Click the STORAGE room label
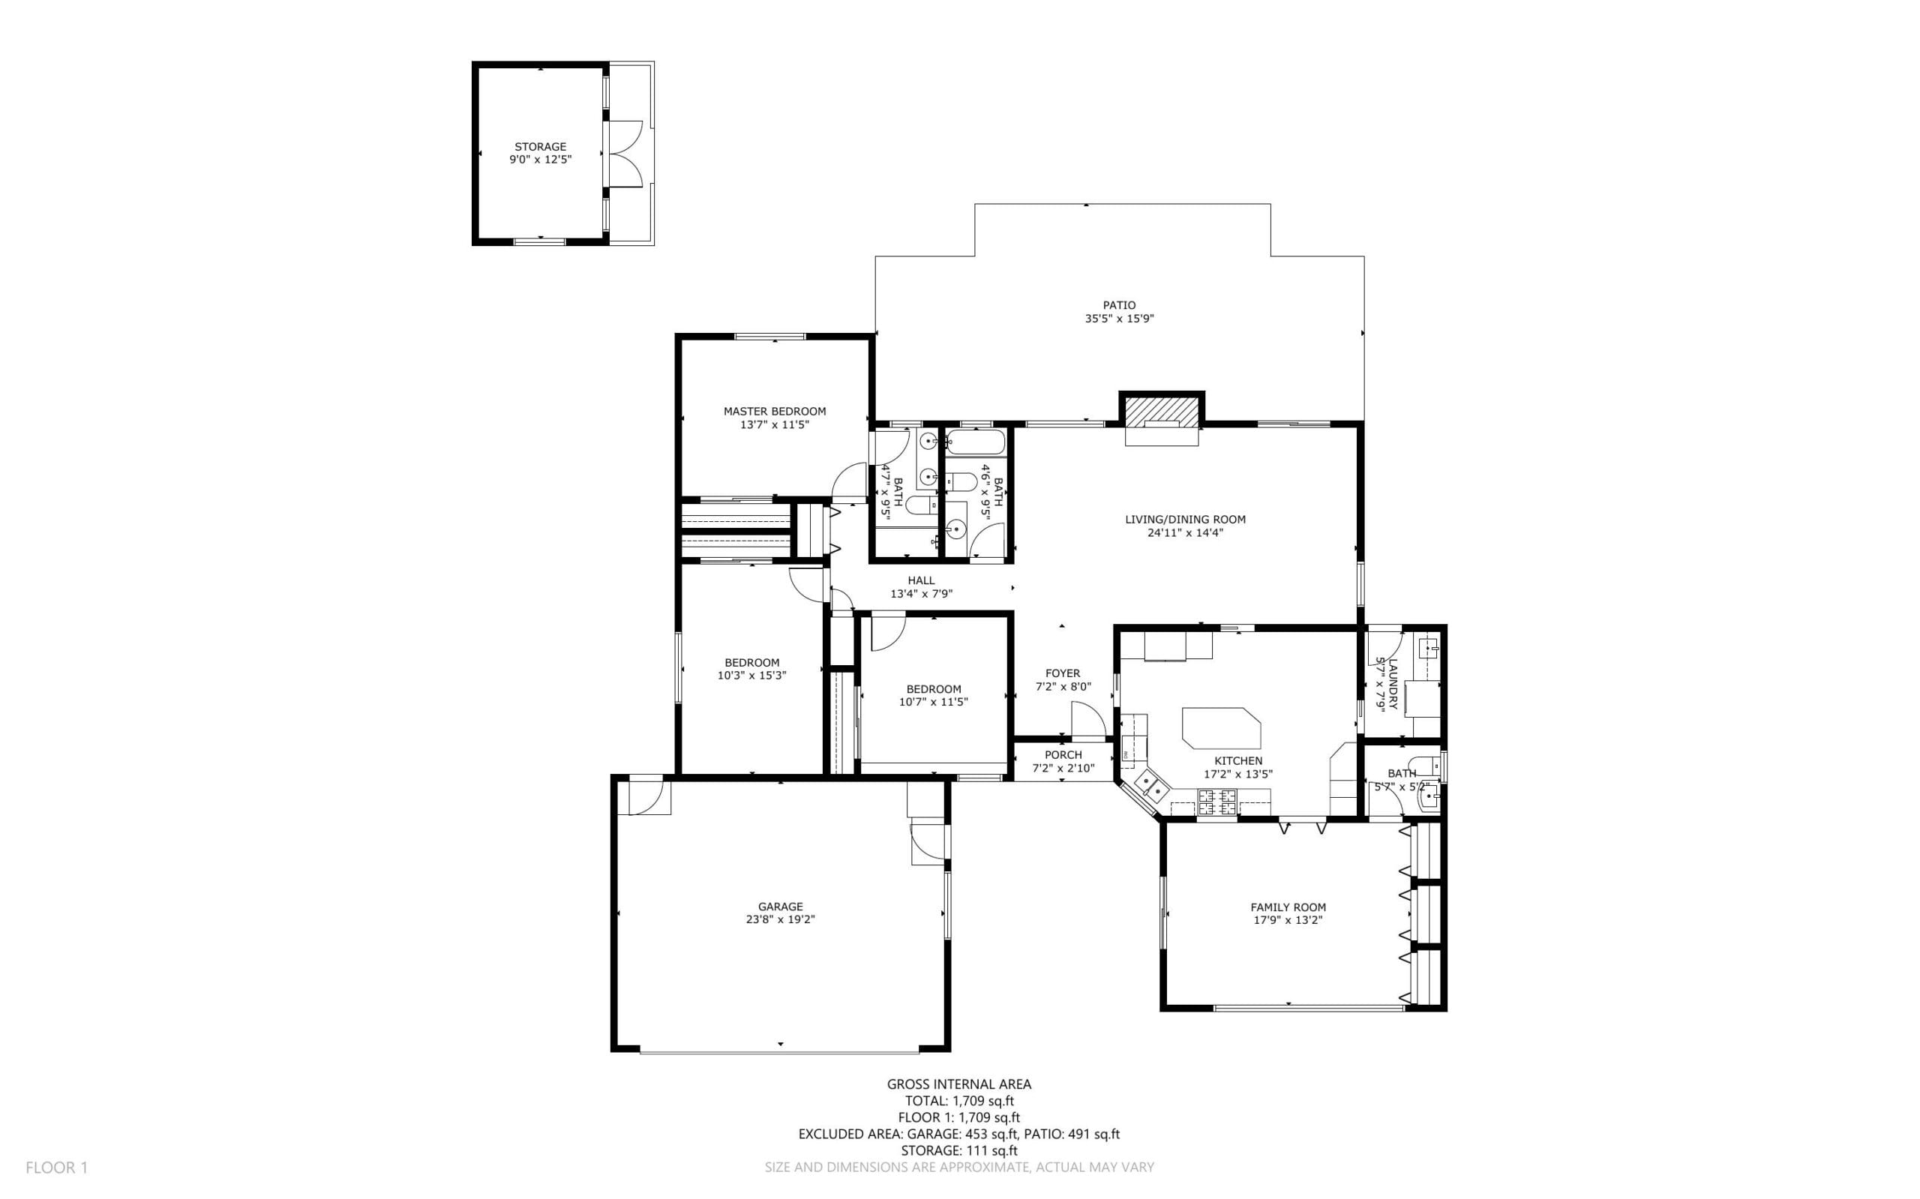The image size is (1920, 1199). (540, 147)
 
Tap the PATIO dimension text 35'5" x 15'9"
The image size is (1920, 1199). (1119, 319)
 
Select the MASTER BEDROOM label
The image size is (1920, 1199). (774, 412)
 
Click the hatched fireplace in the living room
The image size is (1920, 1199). (1162, 411)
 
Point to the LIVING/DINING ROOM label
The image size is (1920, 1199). (1185, 520)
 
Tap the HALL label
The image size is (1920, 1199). (921, 580)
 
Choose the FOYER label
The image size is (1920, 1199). (1063, 673)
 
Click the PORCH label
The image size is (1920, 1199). (1063, 755)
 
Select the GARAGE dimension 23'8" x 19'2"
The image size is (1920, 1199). (780, 920)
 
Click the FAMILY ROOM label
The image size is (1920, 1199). (1288, 907)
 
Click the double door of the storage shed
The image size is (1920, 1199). (624, 154)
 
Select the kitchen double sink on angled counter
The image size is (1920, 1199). (1152, 787)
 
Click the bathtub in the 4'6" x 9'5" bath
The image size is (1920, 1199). (976, 442)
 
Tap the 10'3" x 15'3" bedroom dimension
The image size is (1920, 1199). (751, 676)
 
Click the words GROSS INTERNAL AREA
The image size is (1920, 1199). (958, 1084)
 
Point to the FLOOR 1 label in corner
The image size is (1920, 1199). (56, 1168)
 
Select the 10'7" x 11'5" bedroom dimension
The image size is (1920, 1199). (934, 702)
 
